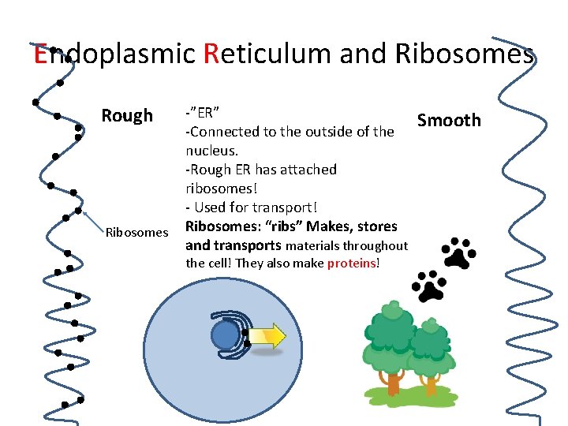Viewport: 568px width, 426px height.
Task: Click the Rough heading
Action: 127,116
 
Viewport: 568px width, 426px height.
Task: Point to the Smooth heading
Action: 448,120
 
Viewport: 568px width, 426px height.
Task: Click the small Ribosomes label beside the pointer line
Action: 136,232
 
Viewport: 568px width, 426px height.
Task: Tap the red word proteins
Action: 352,263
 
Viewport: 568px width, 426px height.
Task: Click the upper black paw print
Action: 458,252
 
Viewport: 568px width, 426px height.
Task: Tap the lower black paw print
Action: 429,286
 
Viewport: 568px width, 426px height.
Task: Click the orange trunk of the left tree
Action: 393,383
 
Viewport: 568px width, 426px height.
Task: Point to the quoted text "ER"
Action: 207,111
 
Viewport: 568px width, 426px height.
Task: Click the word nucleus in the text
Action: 211,150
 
